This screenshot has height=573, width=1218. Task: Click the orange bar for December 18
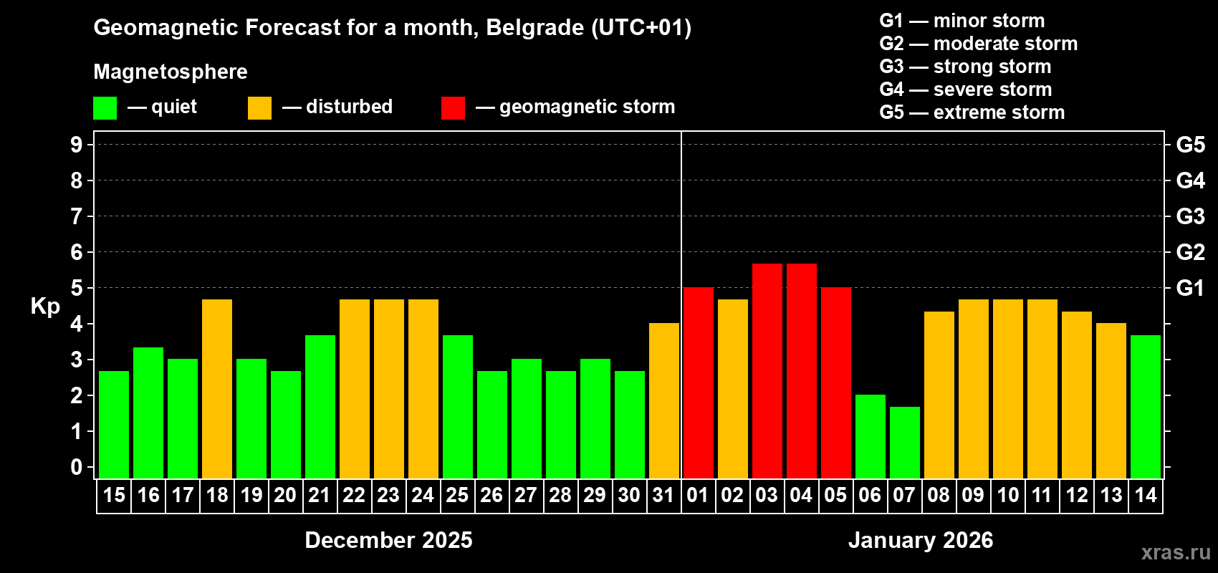click(x=217, y=388)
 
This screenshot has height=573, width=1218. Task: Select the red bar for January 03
click(x=767, y=370)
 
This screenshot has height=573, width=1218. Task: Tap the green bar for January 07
click(x=905, y=442)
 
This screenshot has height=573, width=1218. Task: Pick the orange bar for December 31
click(x=664, y=400)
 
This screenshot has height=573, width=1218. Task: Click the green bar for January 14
click(x=1146, y=406)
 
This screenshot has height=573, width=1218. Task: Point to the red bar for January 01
click(x=699, y=382)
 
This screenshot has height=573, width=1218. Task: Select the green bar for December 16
click(x=148, y=413)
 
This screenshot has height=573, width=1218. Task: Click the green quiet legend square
click(x=105, y=108)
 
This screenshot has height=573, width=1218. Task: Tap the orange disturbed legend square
click(x=259, y=108)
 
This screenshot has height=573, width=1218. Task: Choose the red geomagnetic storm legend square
click(x=453, y=108)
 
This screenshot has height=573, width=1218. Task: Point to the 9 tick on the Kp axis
click(x=77, y=145)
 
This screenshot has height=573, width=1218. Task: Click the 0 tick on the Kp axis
click(x=77, y=467)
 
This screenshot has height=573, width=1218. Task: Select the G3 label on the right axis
click(x=1190, y=216)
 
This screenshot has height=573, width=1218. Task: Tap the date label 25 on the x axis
click(x=457, y=495)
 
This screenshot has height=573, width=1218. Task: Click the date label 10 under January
click(x=1007, y=495)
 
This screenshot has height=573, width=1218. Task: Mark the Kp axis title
click(x=45, y=306)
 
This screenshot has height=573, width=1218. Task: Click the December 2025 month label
click(x=388, y=540)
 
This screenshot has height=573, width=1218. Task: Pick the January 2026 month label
click(x=921, y=540)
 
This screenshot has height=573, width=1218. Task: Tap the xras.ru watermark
click(x=1175, y=552)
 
